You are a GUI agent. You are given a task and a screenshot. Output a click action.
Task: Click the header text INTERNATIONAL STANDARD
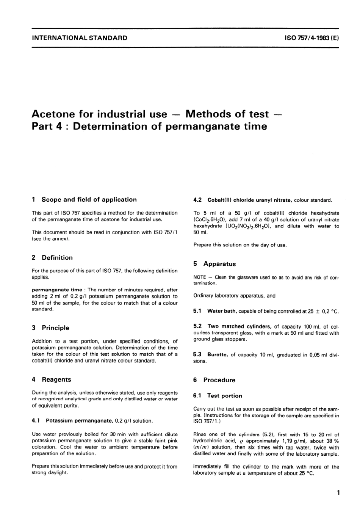pos(80,38)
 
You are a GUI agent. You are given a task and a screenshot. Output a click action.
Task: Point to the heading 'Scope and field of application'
pos(89,199)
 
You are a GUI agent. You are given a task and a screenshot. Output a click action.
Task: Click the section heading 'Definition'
pos(57,257)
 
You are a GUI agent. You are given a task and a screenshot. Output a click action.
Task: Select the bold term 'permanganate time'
pos(57,290)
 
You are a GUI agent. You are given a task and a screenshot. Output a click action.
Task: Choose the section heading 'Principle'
pos(56,328)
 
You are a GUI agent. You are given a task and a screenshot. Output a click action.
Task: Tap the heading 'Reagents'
pos(56,379)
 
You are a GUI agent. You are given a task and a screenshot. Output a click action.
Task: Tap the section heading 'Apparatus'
pos(219,264)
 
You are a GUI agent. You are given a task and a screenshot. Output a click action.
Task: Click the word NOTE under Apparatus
pos(200,277)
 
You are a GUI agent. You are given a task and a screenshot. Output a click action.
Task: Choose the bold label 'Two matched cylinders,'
pos(239,326)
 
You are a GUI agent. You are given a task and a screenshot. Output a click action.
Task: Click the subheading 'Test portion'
pos(225,395)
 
